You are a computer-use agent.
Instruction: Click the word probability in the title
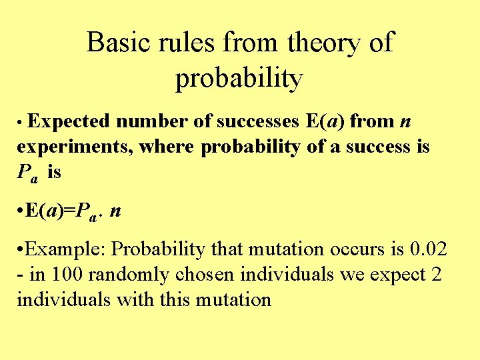pos(239,79)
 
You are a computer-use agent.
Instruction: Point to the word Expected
pos(69,121)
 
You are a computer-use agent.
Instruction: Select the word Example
pos(65,249)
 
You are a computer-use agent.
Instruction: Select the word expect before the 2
pos(394,275)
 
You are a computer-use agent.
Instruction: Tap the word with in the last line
pos(134,299)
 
